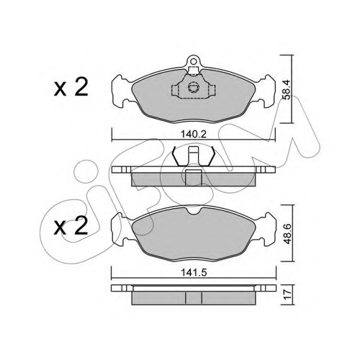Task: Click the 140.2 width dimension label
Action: (x=194, y=135)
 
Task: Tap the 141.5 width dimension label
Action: (x=194, y=273)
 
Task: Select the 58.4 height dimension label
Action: (x=287, y=89)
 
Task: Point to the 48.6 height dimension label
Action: (x=287, y=233)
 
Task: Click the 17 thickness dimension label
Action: (x=287, y=294)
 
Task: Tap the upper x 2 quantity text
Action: (x=71, y=88)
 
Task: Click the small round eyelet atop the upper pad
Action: (x=194, y=60)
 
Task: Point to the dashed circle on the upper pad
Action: (x=193, y=87)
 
